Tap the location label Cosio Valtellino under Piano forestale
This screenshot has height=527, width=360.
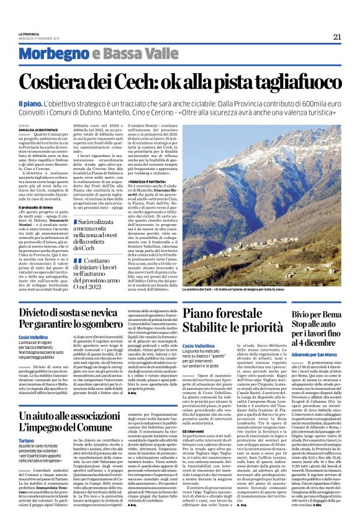pos(199,345)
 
